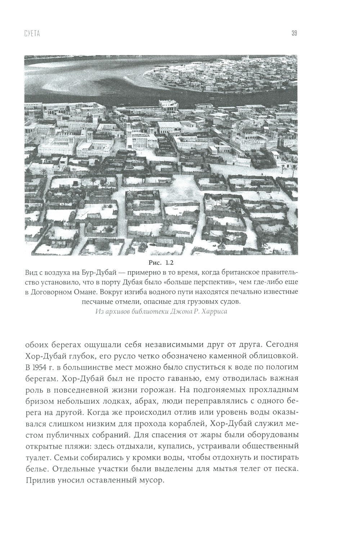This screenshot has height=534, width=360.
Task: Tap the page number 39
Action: tap(294, 34)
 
